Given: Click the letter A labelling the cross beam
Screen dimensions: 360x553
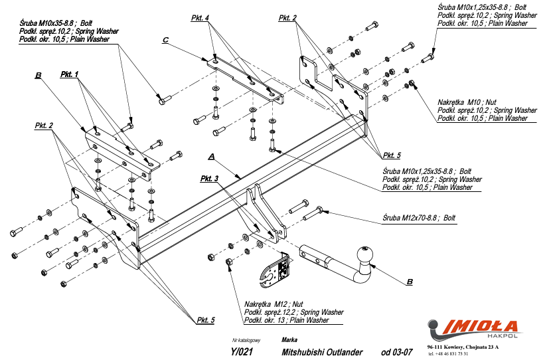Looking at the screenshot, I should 211,157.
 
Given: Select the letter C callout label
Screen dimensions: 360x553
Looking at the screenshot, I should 165,41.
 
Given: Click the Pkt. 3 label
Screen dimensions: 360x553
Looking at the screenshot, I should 208,179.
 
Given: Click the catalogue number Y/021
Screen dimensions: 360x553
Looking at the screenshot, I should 242,352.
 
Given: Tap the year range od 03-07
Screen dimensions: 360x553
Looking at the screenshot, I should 397,352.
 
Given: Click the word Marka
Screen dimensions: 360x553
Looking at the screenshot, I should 289,339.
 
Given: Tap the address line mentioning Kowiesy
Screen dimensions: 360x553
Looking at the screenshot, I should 463,347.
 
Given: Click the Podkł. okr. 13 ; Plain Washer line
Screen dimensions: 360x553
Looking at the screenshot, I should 287,320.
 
